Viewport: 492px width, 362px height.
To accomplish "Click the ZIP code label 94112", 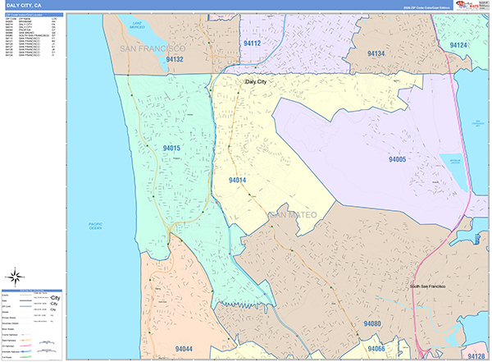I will [252, 43].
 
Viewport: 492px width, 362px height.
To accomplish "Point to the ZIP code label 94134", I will [376, 53].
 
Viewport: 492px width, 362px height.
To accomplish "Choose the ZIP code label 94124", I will [458, 44].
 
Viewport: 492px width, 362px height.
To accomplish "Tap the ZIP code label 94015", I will [171, 149].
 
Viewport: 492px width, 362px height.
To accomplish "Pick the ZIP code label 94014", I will [238, 180].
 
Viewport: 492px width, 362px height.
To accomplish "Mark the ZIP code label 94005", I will [398, 159].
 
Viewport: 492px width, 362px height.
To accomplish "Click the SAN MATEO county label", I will [293, 215].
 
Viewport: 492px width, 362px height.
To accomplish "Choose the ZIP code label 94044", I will [185, 349].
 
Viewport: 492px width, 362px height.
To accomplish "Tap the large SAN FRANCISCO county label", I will [153, 49].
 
